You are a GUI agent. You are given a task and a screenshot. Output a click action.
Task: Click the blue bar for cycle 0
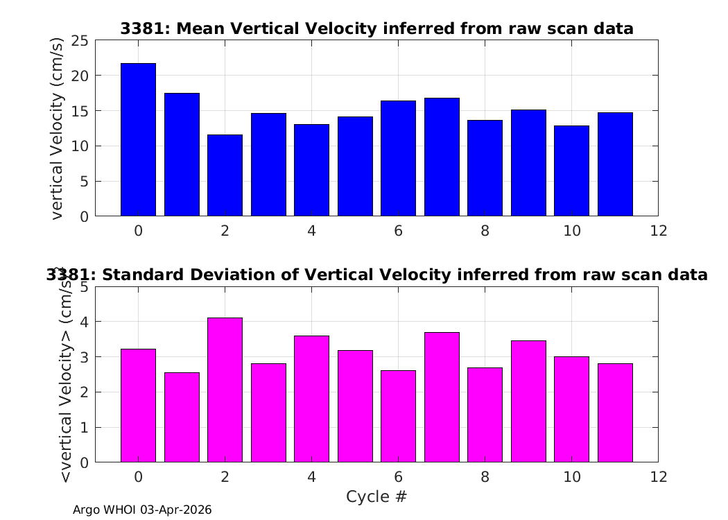pos(139,140)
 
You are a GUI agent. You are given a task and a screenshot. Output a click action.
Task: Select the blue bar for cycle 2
pos(225,175)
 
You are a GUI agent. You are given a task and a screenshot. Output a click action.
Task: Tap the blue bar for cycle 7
pos(442,157)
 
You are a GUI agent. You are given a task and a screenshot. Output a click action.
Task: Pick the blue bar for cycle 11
pos(615,164)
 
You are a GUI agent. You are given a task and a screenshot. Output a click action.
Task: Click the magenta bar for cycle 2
pos(225,390)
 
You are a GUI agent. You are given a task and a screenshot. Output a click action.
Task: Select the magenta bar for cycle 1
pos(182,417)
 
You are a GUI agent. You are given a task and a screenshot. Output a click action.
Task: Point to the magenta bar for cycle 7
pos(442,397)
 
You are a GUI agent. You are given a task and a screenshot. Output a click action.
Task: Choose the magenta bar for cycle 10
pos(571,410)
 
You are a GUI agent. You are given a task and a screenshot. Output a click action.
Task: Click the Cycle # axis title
pos(376,496)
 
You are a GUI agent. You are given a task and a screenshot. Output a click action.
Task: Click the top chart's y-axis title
pos(56,128)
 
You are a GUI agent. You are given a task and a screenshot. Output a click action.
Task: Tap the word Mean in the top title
pos(201,29)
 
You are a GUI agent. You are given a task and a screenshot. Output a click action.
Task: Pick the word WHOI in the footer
pos(120,510)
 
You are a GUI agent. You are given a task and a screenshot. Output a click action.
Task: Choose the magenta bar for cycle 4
pos(311,399)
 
